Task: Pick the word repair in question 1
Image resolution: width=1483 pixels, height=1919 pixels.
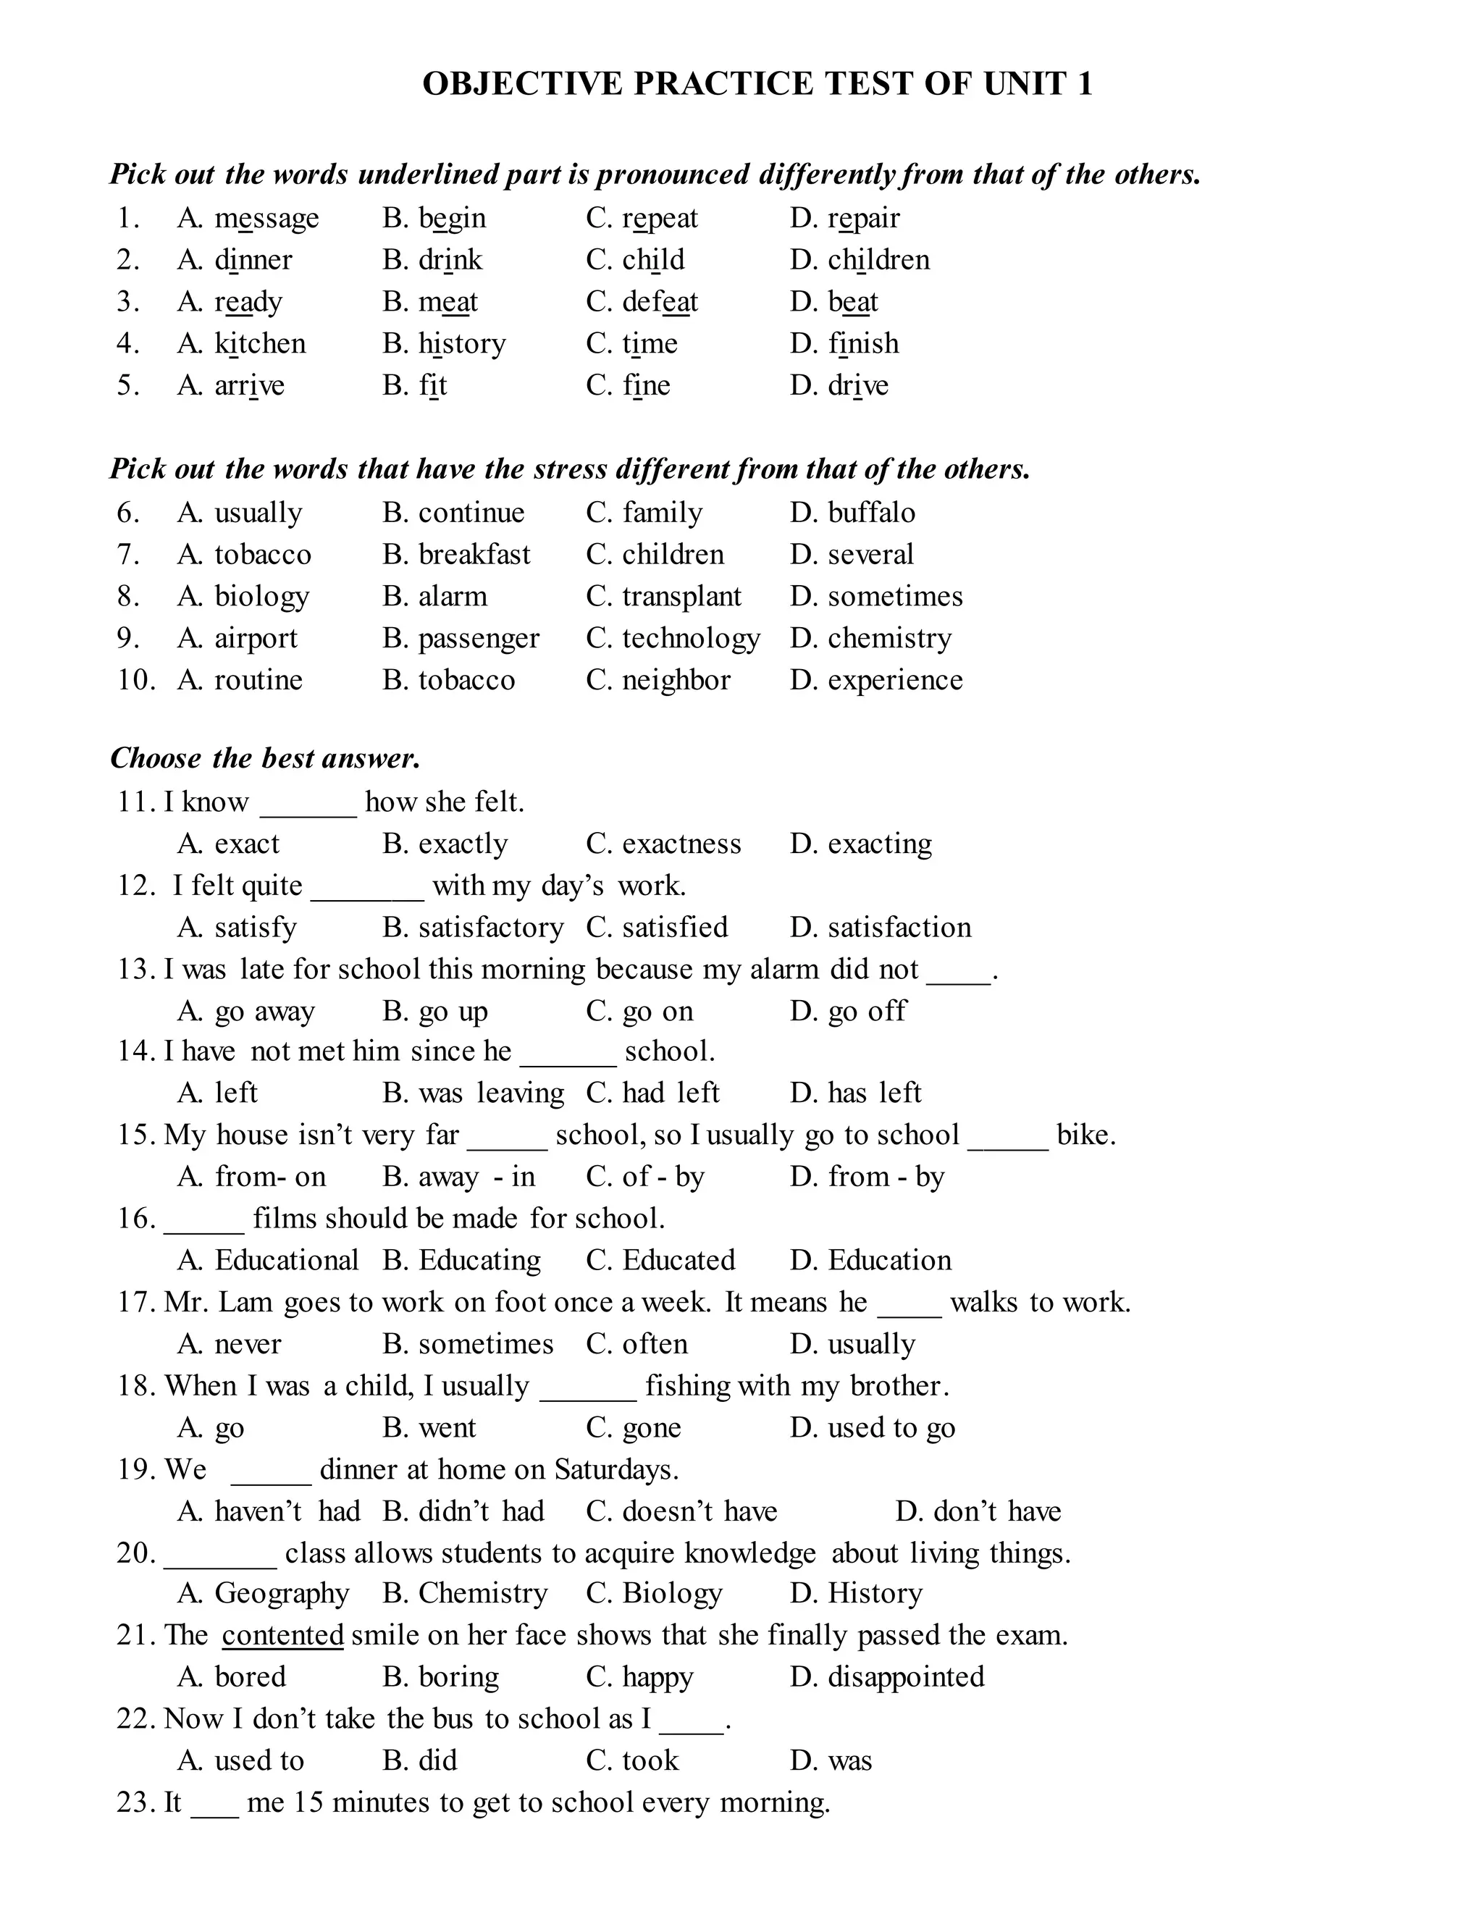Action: click(864, 218)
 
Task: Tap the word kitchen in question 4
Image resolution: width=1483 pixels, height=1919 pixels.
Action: click(260, 343)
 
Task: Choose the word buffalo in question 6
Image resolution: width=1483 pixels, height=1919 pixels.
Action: click(870, 512)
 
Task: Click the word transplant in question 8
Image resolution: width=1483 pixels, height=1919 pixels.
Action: click(681, 597)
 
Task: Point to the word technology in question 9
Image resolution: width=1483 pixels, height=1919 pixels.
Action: click(691, 639)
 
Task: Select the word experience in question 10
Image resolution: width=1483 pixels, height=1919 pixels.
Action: click(894, 680)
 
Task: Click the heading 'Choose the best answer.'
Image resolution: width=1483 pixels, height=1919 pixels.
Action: click(265, 758)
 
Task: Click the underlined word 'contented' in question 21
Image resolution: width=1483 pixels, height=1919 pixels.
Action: click(282, 1635)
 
